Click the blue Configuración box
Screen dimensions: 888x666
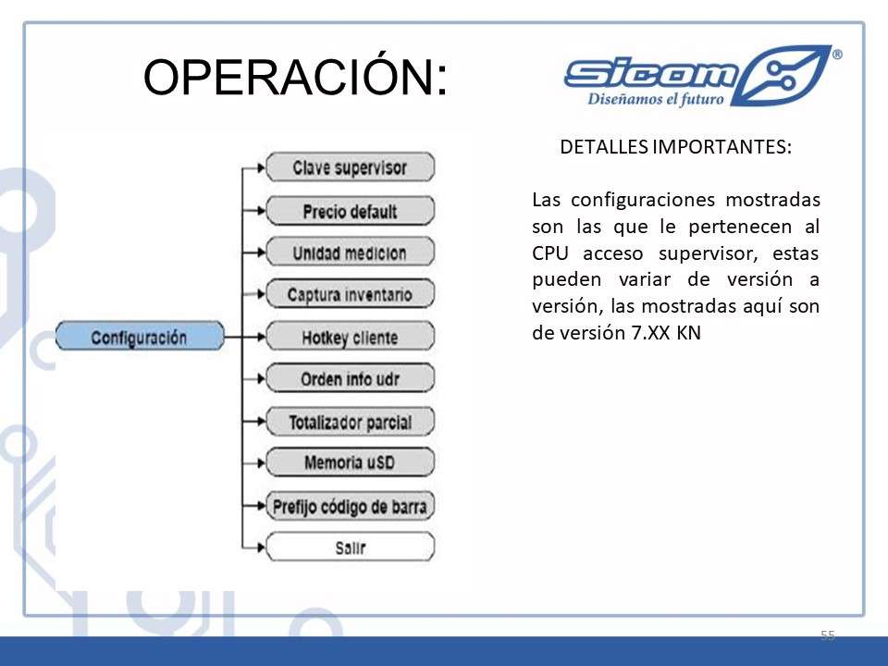140,336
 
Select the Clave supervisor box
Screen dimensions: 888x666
350,167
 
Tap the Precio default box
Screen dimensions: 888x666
350,211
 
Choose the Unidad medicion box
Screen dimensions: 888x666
350,252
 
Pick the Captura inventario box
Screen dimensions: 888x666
350,294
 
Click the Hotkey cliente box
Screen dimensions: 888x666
350,337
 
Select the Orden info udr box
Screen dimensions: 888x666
350,378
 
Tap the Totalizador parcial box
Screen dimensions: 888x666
350,422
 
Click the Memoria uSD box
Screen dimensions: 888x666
350,462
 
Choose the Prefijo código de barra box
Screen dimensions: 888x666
350,506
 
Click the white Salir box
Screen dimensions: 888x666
350,547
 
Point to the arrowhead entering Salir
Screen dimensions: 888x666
261,547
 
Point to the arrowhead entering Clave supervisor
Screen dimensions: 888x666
261,167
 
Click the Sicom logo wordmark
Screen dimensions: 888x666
651,74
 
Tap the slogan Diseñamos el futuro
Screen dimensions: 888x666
656,99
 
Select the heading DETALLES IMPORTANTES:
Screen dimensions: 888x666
675,147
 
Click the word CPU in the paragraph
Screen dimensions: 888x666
549,253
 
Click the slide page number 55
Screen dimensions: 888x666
827,635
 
